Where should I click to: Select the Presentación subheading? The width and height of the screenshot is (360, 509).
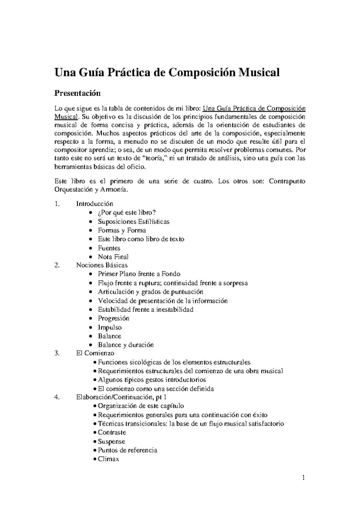click(77, 93)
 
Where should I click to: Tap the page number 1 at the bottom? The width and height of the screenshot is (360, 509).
click(304, 477)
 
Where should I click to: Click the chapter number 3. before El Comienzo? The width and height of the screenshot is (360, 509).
click(57, 353)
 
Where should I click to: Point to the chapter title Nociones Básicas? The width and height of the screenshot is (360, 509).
click(102, 265)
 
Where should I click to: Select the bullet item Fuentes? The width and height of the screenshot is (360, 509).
click(109, 248)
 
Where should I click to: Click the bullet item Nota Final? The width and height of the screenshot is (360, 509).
click(113, 257)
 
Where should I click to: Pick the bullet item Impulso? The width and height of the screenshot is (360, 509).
click(109, 327)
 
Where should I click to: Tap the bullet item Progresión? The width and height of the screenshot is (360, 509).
click(113, 318)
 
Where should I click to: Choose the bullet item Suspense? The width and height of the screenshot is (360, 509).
click(111, 441)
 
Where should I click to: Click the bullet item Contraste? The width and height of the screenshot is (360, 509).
click(112, 432)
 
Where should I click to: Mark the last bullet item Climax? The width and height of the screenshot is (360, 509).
click(108, 459)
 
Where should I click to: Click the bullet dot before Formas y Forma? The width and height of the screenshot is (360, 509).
click(91, 231)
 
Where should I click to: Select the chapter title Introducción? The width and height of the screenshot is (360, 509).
click(94, 204)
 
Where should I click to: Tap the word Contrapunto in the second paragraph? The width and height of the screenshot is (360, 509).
click(287, 181)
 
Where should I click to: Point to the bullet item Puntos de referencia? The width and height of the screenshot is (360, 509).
click(127, 450)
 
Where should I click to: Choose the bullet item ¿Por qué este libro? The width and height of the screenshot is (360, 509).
click(127, 213)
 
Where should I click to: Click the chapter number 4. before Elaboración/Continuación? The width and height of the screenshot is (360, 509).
click(57, 397)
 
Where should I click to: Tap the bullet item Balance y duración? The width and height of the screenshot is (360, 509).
click(125, 345)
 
